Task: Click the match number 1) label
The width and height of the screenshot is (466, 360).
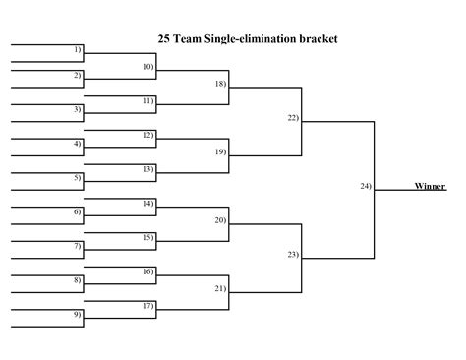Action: [x=78, y=49]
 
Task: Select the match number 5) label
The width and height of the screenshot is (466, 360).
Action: [x=78, y=178]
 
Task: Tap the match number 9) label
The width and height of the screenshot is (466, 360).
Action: [x=78, y=315]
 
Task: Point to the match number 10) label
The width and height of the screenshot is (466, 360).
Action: [x=148, y=67]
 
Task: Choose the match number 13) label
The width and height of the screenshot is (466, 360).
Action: [x=148, y=169]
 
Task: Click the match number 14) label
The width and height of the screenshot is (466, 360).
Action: [x=148, y=203]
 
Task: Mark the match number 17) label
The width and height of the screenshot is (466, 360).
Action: [x=148, y=306]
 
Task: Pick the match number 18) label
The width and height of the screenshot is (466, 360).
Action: [x=220, y=84]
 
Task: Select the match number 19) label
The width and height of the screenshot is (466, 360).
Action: [x=220, y=152]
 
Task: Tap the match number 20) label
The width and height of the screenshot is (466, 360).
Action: [x=220, y=220]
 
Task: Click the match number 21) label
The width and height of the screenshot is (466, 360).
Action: [x=220, y=288]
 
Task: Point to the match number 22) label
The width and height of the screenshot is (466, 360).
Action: [x=293, y=118]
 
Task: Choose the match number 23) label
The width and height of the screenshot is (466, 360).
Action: [x=293, y=255]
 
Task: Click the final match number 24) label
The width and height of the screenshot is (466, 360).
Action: [x=366, y=186]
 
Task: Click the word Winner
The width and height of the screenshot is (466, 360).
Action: [x=430, y=186]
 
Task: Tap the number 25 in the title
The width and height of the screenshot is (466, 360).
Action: [x=164, y=39]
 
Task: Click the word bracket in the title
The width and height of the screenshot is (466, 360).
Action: [x=317, y=39]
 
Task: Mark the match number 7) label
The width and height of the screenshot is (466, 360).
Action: [x=78, y=246]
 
